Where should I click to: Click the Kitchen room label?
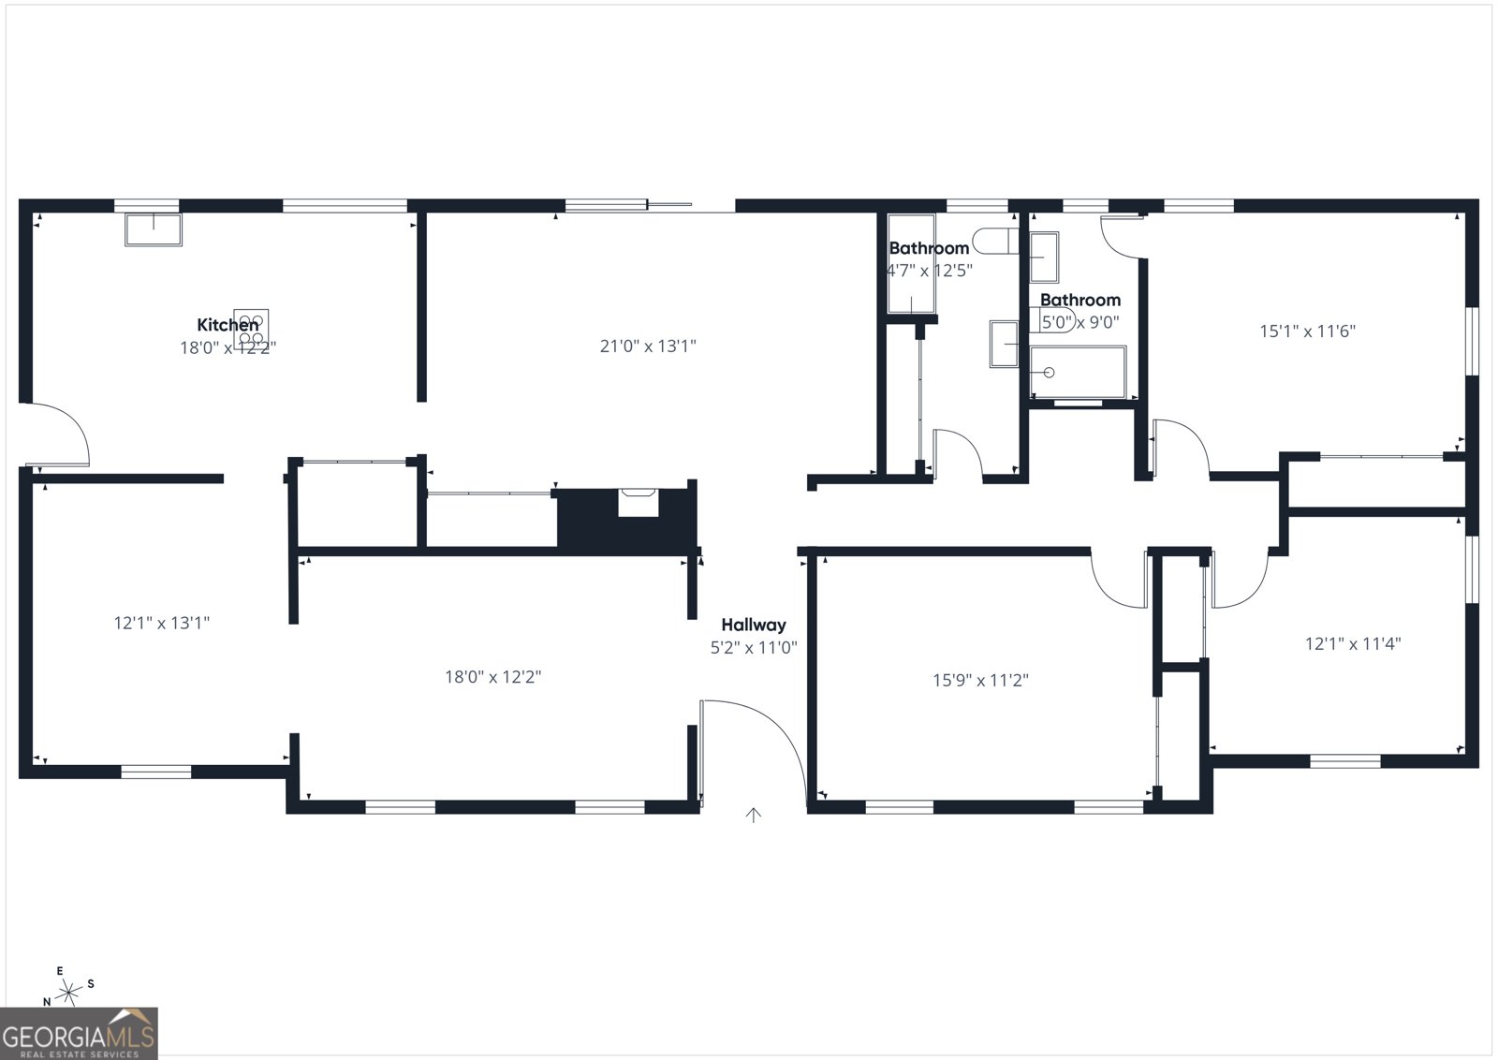point(228,325)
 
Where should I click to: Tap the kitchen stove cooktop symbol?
point(251,329)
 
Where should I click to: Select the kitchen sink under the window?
point(154,229)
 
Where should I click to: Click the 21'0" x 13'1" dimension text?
point(648,346)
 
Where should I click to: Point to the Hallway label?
point(754,625)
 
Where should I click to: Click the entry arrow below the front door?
point(754,816)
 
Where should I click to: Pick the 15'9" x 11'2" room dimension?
point(980,680)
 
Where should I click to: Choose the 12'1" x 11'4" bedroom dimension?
point(1353,643)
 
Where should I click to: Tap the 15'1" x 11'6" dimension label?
point(1307,331)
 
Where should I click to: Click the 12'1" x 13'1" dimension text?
point(162,623)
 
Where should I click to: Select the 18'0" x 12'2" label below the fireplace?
point(492,677)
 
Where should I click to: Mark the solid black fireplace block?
point(625,521)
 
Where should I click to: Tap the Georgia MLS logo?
point(79,1033)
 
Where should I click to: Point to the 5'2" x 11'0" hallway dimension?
point(754,647)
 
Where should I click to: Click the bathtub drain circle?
point(1049,373)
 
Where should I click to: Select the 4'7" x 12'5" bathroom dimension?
point(930,271)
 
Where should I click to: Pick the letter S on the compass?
point(90,984)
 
